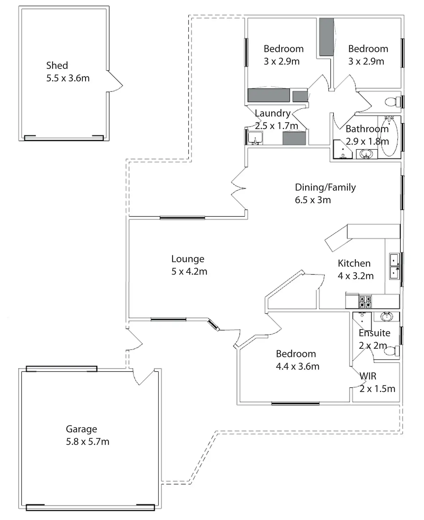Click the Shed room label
click(57, 65)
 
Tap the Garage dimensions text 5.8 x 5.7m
click(88, 442)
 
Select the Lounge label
click(188, 259)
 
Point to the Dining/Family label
click(325, 187)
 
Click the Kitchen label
click(354, 263)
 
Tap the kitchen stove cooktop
click(365, 302)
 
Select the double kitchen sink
click(394, 266)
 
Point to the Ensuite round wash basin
click(386, 317)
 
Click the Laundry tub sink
click(255, 138)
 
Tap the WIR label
click(368, 376)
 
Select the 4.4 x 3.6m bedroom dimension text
click(297, 366)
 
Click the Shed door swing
click(115, 83)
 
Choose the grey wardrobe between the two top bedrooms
click(326, 37)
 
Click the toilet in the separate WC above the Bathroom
click(392, 102)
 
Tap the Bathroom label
click(367, 129)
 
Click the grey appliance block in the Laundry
click(294, 138)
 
